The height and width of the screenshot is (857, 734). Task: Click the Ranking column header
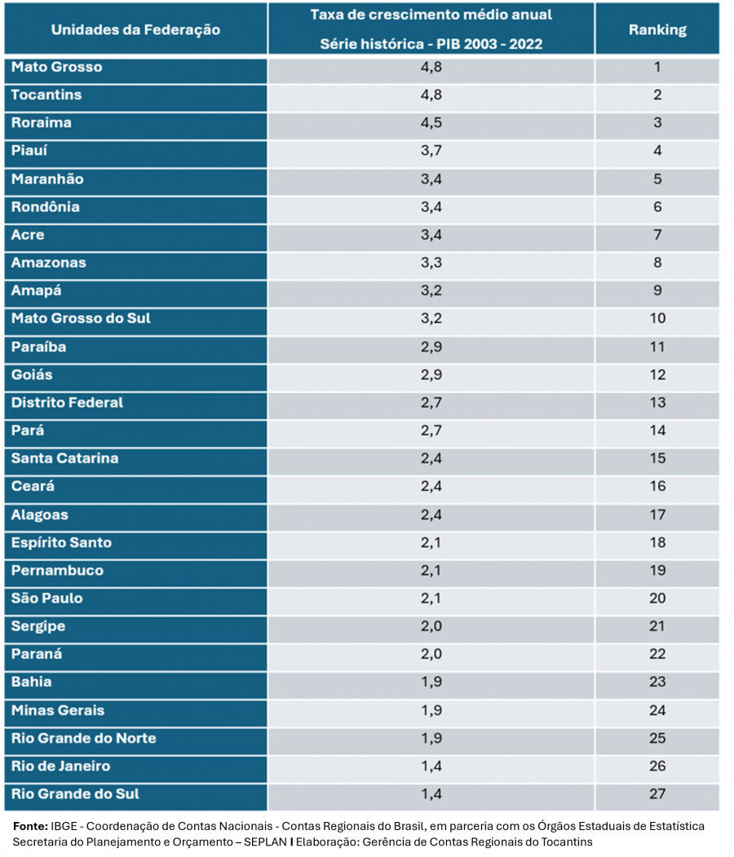pyautogui.click(x=657, y=30)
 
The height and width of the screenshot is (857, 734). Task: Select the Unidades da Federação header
pyautogui.click(x=135, y=30)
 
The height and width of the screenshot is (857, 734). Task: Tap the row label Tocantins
pyautogui.click(x=46, y=95)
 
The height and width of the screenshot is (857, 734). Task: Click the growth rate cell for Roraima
pyautogui.click(x=431, y=123)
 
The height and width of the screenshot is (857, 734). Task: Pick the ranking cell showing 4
pyautogui.click(x=657, y=151)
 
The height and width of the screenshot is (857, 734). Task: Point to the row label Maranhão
pyautogui.click(x=47, y=179)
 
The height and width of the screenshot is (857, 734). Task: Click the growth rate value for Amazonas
pyautogui.click(x=431, y=263)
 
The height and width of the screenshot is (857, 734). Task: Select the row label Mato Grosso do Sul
pyautogui.click(x=81, y=318)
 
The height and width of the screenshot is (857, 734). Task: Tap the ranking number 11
pyautogui.click(x=657, y=347)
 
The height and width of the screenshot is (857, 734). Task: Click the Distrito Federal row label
pyautogui.click(x=67, y=402)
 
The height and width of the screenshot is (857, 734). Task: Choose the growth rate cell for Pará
pyautogui.click(x=431, y=430)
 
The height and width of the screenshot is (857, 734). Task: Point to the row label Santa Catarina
pyautogui.click(x=64, y=458)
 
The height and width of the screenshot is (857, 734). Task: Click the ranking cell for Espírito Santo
pyautogui.click(x=657, y=542)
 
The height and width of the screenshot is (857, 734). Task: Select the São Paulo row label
pyautogui.click(x=46, y=598)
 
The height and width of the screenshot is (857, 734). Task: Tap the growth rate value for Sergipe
pyautogui.click(x=431, y=626)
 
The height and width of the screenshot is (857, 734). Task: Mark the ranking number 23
pyautogui.click(x=657, y=682)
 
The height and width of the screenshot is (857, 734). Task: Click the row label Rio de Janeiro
pyautogui.click(x=60, y=766)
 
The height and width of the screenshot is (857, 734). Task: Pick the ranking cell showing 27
pyautogui.click(x=657, y=793)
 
